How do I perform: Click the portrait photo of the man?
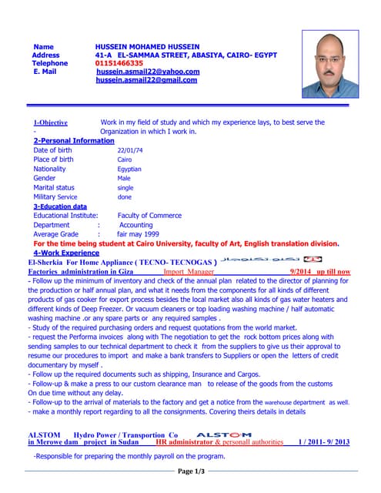(x=330, y=65)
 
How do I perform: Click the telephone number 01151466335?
(x=119, y=63)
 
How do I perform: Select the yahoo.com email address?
(x=148, y=72)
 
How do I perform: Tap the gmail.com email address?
(x=147, y=80)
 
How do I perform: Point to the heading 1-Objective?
(x=51, y=122)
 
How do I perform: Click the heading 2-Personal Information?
(x=74, y=141)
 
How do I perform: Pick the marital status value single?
(x=125, y=187)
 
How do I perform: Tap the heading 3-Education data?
(x=60, y=206)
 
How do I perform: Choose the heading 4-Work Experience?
(x=66, y=253)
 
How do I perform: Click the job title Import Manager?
(x=189, y=272)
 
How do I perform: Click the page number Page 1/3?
(x=191, y=471)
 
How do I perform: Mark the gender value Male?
(x=124, y=178)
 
